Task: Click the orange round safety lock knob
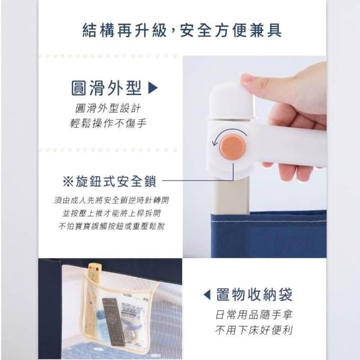coord(232,147)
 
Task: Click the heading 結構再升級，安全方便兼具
coord(182,30)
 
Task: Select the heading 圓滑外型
coord(106,88)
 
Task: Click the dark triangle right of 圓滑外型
coord(153,88)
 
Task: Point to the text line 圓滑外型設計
coord(108,109)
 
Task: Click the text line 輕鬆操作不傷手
coord(108,124)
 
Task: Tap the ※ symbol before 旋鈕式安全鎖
coord(68,181)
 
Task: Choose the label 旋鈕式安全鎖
coord(116,181)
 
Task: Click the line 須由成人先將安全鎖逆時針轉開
coord(111,200)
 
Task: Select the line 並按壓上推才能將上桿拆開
coord(111,213)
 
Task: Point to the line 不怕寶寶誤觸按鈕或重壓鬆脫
coord(111,226)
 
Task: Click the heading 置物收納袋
coord(254,295)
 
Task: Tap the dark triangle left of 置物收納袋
coord(207,295)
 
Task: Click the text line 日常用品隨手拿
coord(254,315)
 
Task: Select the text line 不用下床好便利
coord(254,330)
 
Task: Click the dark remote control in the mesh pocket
coord(114,321)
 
